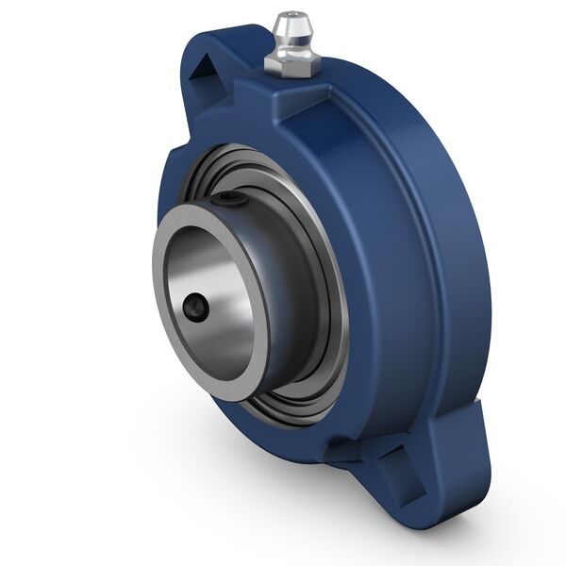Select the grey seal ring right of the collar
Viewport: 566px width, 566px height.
click(x=325, y=283)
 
